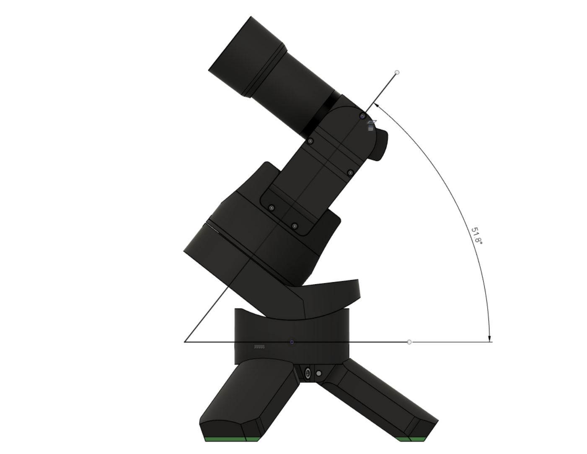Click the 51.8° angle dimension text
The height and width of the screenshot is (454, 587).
477,236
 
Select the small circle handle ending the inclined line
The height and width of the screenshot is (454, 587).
397,73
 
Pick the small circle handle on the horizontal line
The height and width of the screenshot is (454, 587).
409,342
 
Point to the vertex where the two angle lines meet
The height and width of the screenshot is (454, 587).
185,342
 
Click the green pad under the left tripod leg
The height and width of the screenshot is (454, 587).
232,439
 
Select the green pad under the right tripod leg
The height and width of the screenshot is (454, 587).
412,439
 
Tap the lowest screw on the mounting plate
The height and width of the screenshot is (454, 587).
295,226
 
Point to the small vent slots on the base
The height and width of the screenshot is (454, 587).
260,347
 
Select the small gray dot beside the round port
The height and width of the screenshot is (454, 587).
319,373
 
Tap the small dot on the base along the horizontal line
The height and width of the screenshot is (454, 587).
292,342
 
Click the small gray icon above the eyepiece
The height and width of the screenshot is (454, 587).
371,125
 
